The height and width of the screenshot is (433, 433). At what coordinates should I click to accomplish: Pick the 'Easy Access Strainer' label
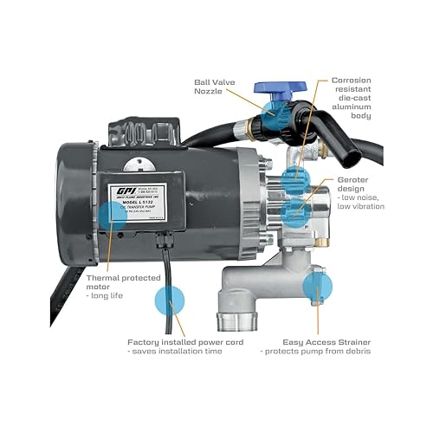click(325, 342)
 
